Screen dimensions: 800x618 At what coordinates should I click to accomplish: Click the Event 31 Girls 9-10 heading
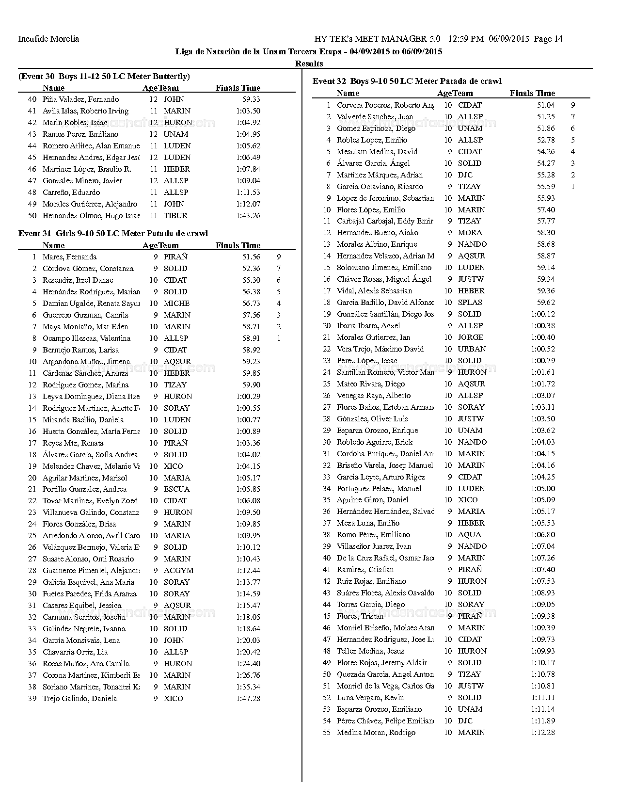coord(113,233)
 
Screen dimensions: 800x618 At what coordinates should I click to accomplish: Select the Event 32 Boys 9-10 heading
coord(407,81)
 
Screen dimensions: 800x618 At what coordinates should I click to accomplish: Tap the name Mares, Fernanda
coord(69,257)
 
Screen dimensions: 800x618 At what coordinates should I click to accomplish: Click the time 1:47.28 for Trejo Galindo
coord(248,699)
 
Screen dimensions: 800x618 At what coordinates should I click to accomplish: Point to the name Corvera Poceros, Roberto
coord(385,105)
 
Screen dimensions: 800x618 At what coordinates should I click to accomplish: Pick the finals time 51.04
coord(546,105)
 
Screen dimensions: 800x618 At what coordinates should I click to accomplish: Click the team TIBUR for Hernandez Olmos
coord(175,216)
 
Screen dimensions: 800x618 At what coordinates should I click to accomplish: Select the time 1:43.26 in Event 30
coord(248,216)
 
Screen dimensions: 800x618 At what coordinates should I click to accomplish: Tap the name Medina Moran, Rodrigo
coord(376,733)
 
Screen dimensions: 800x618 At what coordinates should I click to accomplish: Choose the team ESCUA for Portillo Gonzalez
coord(176,489)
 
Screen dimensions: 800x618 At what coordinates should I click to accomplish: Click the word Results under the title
coord(309,64)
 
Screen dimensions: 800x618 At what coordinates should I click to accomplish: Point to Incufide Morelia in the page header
coord(48,39)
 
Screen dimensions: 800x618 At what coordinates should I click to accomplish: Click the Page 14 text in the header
coord(548,39)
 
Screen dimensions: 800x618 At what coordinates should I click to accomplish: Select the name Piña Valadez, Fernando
coord(80,99)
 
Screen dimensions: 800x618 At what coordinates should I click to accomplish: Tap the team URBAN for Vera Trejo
coord(472,349)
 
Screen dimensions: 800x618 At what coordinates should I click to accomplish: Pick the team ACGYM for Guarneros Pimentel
coord(178,571)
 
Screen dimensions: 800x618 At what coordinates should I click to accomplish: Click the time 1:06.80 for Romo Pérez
coord(543,535)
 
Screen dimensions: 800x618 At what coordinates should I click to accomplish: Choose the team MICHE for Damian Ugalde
coord(176,304)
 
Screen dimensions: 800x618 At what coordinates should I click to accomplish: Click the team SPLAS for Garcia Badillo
coord(470,303)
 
